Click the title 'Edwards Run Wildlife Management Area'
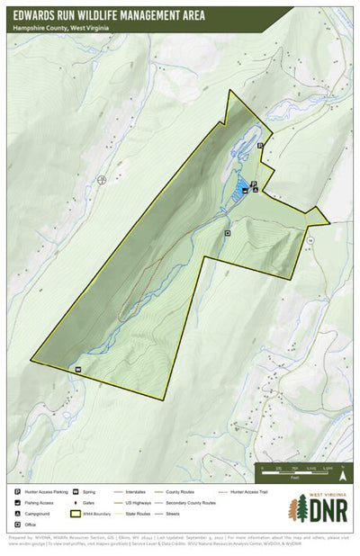tap(109, 15)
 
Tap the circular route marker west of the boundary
tap(102, 180)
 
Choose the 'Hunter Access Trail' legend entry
tap(248, 492)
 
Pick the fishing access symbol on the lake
tap(246, 191)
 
